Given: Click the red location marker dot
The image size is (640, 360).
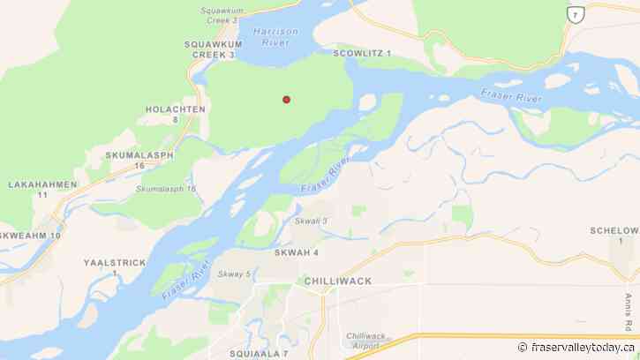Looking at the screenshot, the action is pos(286,100).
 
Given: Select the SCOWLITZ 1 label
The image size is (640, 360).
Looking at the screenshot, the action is pos(362,54).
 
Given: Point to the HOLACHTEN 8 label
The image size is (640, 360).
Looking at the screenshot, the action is pos(177,114).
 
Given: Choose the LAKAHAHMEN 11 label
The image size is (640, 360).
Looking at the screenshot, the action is pos(42,189).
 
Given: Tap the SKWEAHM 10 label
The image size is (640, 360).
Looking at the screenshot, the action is pos(31,236).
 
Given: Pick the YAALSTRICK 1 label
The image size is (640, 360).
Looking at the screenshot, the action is pos(114,267).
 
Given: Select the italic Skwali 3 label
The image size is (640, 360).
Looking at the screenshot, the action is pos(311,221).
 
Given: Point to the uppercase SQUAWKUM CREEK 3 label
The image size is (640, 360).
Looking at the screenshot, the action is pos(209,49).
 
